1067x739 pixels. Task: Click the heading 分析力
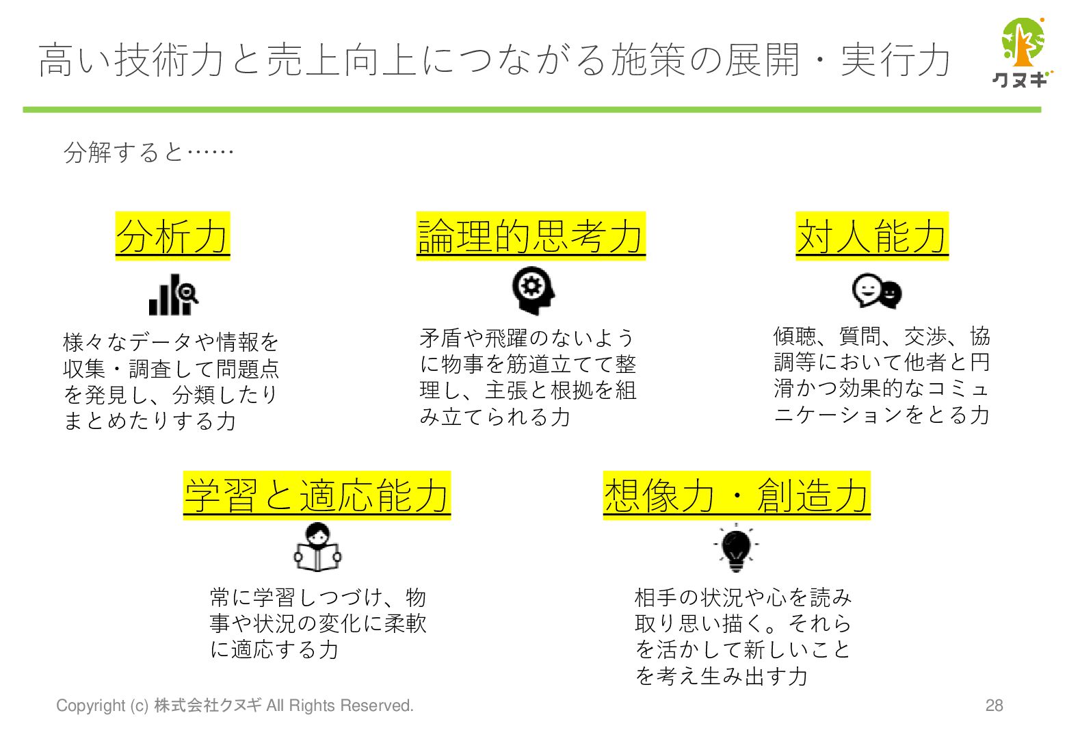(x=172, y=237)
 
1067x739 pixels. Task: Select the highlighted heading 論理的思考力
(x=531, y=237)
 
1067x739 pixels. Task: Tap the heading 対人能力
(x=872, y=237)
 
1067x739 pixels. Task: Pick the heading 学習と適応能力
(x=317, y=495)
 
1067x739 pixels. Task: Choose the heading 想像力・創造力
(x=737, y=495)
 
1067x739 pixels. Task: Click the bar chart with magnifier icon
(x=174, y=296)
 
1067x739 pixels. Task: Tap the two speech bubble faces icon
(x=877, y=291)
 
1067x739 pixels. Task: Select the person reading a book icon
(x=317, y=549)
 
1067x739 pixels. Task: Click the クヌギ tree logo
(x=1021, y=52)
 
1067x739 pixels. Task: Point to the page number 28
(x=994, y=705)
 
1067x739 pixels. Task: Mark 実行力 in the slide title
(x=895, y=60)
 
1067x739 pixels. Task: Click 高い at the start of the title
(x=75, y=60)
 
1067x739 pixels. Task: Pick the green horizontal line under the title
(x=531, y=109)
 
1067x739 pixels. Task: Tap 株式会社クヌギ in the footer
(x=208, y=705)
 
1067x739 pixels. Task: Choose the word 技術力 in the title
(x=170, y=60)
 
